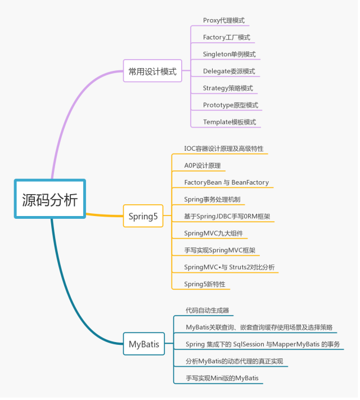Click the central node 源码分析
coord(49,199)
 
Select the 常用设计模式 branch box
coord(152,71)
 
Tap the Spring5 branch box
coord(143,216)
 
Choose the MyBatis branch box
coord(144,344)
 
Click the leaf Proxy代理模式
coord(224,20)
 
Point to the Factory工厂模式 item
coord(227,37)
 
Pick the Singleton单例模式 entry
coord(229,54)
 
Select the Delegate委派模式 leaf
coord(229,71)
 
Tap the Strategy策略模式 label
coord(228,88)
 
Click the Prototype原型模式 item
coord(231,105)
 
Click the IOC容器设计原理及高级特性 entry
coord(224,149)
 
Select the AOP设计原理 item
coord(202,166)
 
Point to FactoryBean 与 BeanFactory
coord(227,183)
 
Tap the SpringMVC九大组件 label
coord(213,233)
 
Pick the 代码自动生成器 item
coord(208,310)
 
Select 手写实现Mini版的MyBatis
coord(223,378)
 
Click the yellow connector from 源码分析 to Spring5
coord(104,215)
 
